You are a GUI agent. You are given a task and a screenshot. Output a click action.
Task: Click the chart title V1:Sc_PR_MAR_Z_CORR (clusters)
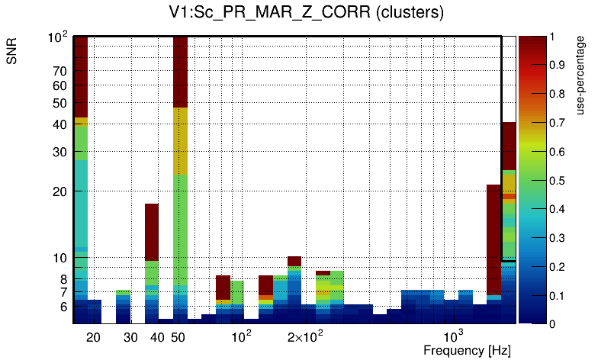pos(306,13)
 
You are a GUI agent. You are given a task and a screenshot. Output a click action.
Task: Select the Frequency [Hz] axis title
pos(467,350)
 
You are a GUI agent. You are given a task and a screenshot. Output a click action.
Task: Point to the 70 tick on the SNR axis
pos(59,71)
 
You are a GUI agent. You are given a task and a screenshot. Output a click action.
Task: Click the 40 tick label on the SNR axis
pos(59,124)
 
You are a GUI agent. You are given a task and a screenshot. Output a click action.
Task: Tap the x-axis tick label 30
pos(130,337)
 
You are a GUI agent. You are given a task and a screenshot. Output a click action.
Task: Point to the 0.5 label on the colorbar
pos(557,180)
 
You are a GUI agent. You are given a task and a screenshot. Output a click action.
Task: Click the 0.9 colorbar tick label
pos(557,65)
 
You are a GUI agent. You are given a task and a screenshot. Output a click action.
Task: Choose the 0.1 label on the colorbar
pos(557,295)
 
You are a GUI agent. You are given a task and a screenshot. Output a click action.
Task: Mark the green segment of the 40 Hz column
pos(152,272)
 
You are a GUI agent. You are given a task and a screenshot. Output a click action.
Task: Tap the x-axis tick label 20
pos(93,337)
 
